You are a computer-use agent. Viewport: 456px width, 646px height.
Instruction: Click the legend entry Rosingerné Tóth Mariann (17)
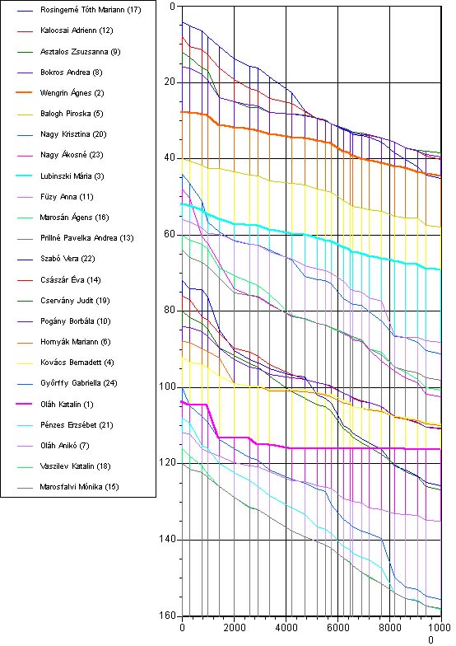(x=91, y=10)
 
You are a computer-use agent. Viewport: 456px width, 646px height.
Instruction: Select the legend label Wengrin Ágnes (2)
(x=72, y=92)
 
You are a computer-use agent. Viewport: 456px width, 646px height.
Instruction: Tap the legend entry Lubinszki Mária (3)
(x=72, y=176)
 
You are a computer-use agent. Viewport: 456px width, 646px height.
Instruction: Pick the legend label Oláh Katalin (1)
(x=67, y=404)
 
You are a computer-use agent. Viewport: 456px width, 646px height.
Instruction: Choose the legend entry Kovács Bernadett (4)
(x=77, y=363)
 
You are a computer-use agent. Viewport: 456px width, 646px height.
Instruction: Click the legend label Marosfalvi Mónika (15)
(x=79, y=487)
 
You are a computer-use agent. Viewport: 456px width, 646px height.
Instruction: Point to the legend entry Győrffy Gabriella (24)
(x=79, y=383)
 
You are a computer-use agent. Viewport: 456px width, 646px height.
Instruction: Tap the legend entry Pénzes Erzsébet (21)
(x=77, y=425)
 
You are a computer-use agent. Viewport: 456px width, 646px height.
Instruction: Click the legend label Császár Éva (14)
(x=71, y=280)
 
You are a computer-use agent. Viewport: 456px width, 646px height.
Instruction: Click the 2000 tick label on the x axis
(x=234, y=628)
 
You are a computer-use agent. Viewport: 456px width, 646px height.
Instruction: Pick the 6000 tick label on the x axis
(x=337, y=628)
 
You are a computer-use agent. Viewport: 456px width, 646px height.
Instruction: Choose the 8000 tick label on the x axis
(x=390, y=628)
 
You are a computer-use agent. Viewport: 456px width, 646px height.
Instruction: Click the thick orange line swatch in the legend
(x=25, y=92)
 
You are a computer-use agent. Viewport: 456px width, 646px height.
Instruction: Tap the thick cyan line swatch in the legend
(x=25, y=176)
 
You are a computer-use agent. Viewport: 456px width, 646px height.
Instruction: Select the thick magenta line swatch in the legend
(x=25, y=404)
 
